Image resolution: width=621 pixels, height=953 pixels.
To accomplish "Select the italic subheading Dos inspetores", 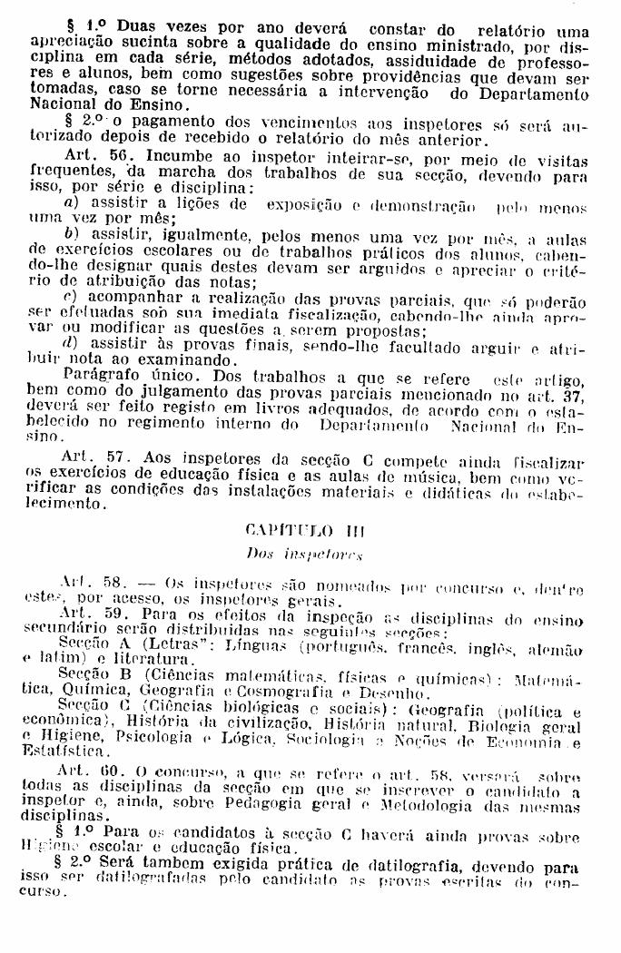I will (304, 552).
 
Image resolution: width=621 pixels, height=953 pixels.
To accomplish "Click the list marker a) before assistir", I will (70, 203).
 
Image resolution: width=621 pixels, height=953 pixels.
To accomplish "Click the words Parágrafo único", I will (120, 374).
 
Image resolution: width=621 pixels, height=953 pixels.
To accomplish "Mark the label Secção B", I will (94, 675).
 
